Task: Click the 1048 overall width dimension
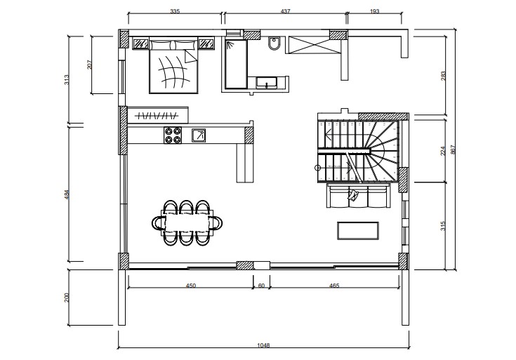point(263,345)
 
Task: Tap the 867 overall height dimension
point(453,150)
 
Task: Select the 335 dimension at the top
point(175,11)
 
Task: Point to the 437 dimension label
point(285,11)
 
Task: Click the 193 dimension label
point(374,11)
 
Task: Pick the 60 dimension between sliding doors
point(261,286)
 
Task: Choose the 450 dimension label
point(191,286)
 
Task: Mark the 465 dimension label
point(334,286)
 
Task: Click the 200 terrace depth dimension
point(67,298)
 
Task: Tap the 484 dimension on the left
point(67,195)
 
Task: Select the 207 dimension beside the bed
point(90,65)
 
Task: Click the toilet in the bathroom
point(274,43)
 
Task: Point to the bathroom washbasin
point(267,83)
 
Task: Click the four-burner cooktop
point(173,135)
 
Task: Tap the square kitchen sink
point(199,135)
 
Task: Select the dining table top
point(187,223)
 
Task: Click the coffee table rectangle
point(358,231)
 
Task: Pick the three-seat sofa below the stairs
point(359,196)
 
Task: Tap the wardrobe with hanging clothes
point(158,115)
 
